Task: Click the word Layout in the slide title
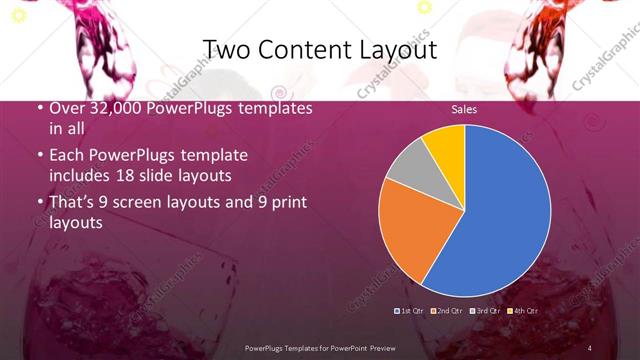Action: click(393, 49)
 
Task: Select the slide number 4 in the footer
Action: click(590, 347)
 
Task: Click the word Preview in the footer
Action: click(387, 347)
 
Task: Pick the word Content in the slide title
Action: click(303, 49)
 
